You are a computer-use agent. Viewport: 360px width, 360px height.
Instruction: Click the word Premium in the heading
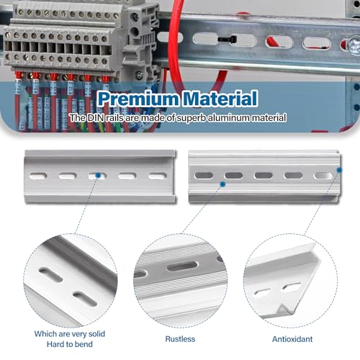click(138, 99)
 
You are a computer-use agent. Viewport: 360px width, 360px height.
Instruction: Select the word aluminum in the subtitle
click(230, 118)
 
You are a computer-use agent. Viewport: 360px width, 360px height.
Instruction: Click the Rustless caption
click(180, 339)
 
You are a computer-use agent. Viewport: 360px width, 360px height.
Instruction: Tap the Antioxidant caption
click(292, 339)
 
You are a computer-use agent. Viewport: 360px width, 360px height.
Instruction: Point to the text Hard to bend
click(70, 344)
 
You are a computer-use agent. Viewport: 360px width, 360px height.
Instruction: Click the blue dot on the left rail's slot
click(98, 176)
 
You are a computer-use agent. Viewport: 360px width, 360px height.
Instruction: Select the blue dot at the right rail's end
click(339, 170)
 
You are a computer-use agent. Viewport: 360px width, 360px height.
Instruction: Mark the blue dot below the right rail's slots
click(222, 184)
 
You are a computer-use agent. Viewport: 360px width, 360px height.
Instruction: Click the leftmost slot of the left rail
click(38, 176)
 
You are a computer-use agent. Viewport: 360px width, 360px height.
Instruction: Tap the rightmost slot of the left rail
click(157, 176)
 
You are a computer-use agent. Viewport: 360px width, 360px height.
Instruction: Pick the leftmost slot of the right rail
click(204, 176)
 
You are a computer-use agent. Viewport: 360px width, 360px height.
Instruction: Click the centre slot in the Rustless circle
click(182, 266)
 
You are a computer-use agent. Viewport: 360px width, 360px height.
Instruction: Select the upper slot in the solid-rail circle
click(50, 275)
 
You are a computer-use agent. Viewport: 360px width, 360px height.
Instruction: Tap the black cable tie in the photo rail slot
click(228, 39)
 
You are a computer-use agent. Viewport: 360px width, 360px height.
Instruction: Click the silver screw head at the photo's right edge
click(354, 45)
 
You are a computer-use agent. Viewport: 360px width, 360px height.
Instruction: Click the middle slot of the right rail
click(264, 176)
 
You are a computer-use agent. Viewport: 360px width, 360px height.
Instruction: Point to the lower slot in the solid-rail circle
click(85, 299)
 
